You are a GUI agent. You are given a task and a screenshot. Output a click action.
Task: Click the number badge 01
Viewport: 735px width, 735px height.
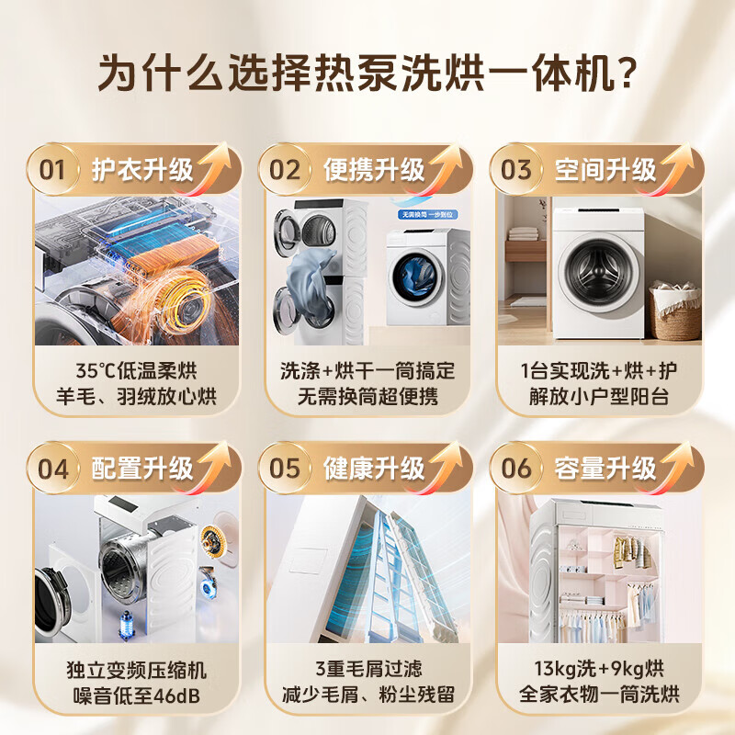(x=53, y=170)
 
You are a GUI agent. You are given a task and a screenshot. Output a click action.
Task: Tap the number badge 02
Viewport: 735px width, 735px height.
(x=285, y=170)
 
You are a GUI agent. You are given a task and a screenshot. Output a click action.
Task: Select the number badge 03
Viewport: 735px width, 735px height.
(x=516, y=170)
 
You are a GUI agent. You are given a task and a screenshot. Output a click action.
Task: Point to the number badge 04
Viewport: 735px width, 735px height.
(x=53, y=469)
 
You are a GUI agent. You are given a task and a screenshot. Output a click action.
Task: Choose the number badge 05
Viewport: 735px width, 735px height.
(x=285, y=469)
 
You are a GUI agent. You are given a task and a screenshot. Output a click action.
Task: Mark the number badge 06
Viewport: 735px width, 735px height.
(x=516, y=469)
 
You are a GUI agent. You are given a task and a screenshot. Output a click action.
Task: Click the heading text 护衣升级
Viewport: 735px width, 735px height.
(x=142, y=170)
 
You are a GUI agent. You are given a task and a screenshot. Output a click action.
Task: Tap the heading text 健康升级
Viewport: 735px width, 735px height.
(x=374, y=469)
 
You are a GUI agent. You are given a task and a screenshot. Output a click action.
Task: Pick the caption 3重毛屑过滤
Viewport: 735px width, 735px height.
(x=367, y=669)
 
